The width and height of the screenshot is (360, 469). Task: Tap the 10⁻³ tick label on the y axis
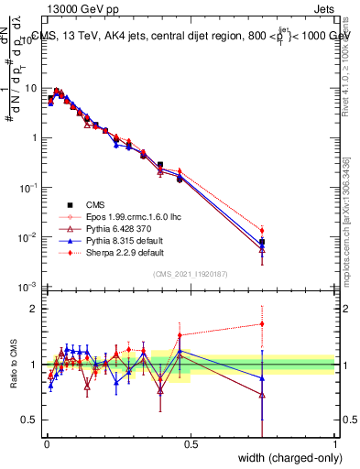tap(29, 287)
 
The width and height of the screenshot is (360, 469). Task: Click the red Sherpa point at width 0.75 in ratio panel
tap(262, 323)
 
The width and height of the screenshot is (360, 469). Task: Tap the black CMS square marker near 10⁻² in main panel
tap(262, 242)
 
